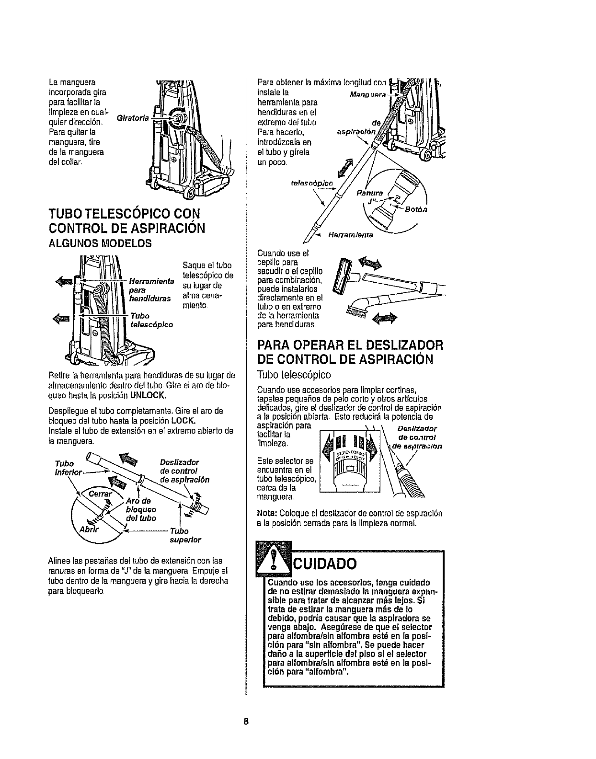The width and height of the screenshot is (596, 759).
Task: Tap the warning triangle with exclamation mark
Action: coord(274,558)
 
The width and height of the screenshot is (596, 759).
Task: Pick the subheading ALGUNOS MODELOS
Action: coord(100,243)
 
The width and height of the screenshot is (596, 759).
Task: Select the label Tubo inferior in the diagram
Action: coord(69,468)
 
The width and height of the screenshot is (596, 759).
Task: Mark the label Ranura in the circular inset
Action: coord(370,195)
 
